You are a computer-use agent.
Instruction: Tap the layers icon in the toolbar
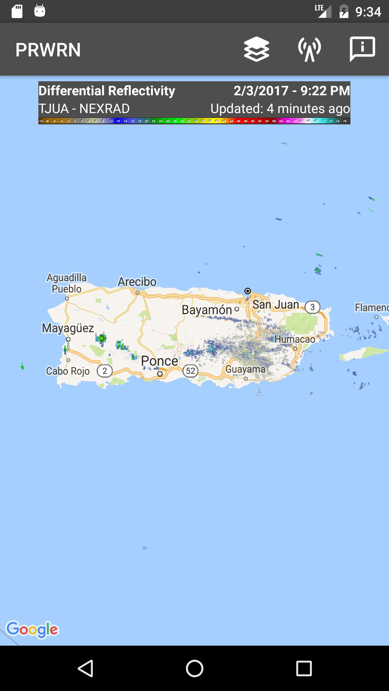tap(256, 49)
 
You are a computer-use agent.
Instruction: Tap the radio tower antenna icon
tap(310, 49)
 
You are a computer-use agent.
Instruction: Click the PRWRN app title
tap(48, 50)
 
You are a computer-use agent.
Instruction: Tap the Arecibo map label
tap(137, 282)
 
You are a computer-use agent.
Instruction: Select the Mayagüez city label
tap(68, 328)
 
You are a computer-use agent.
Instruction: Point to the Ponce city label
tap(159, 361)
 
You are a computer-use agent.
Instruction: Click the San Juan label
tap(276, 305)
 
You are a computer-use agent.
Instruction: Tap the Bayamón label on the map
tap(207, 310)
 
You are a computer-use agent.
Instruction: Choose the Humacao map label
tap(295, 339)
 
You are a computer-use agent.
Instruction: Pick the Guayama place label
tap(245, 369)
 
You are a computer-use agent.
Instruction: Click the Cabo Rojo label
tap(68, 371)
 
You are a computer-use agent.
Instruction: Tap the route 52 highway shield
tap(190, 371)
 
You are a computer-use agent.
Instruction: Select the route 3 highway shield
tap(313, 307)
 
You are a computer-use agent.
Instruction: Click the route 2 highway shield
tap(105, 371)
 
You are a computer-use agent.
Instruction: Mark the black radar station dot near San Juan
tap(247, 291)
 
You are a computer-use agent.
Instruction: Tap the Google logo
tap(32, 629)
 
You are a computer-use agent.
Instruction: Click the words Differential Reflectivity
tap(107, 91)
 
